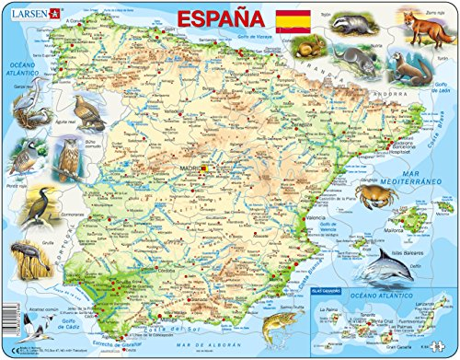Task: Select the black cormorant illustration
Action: coord(37,212)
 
